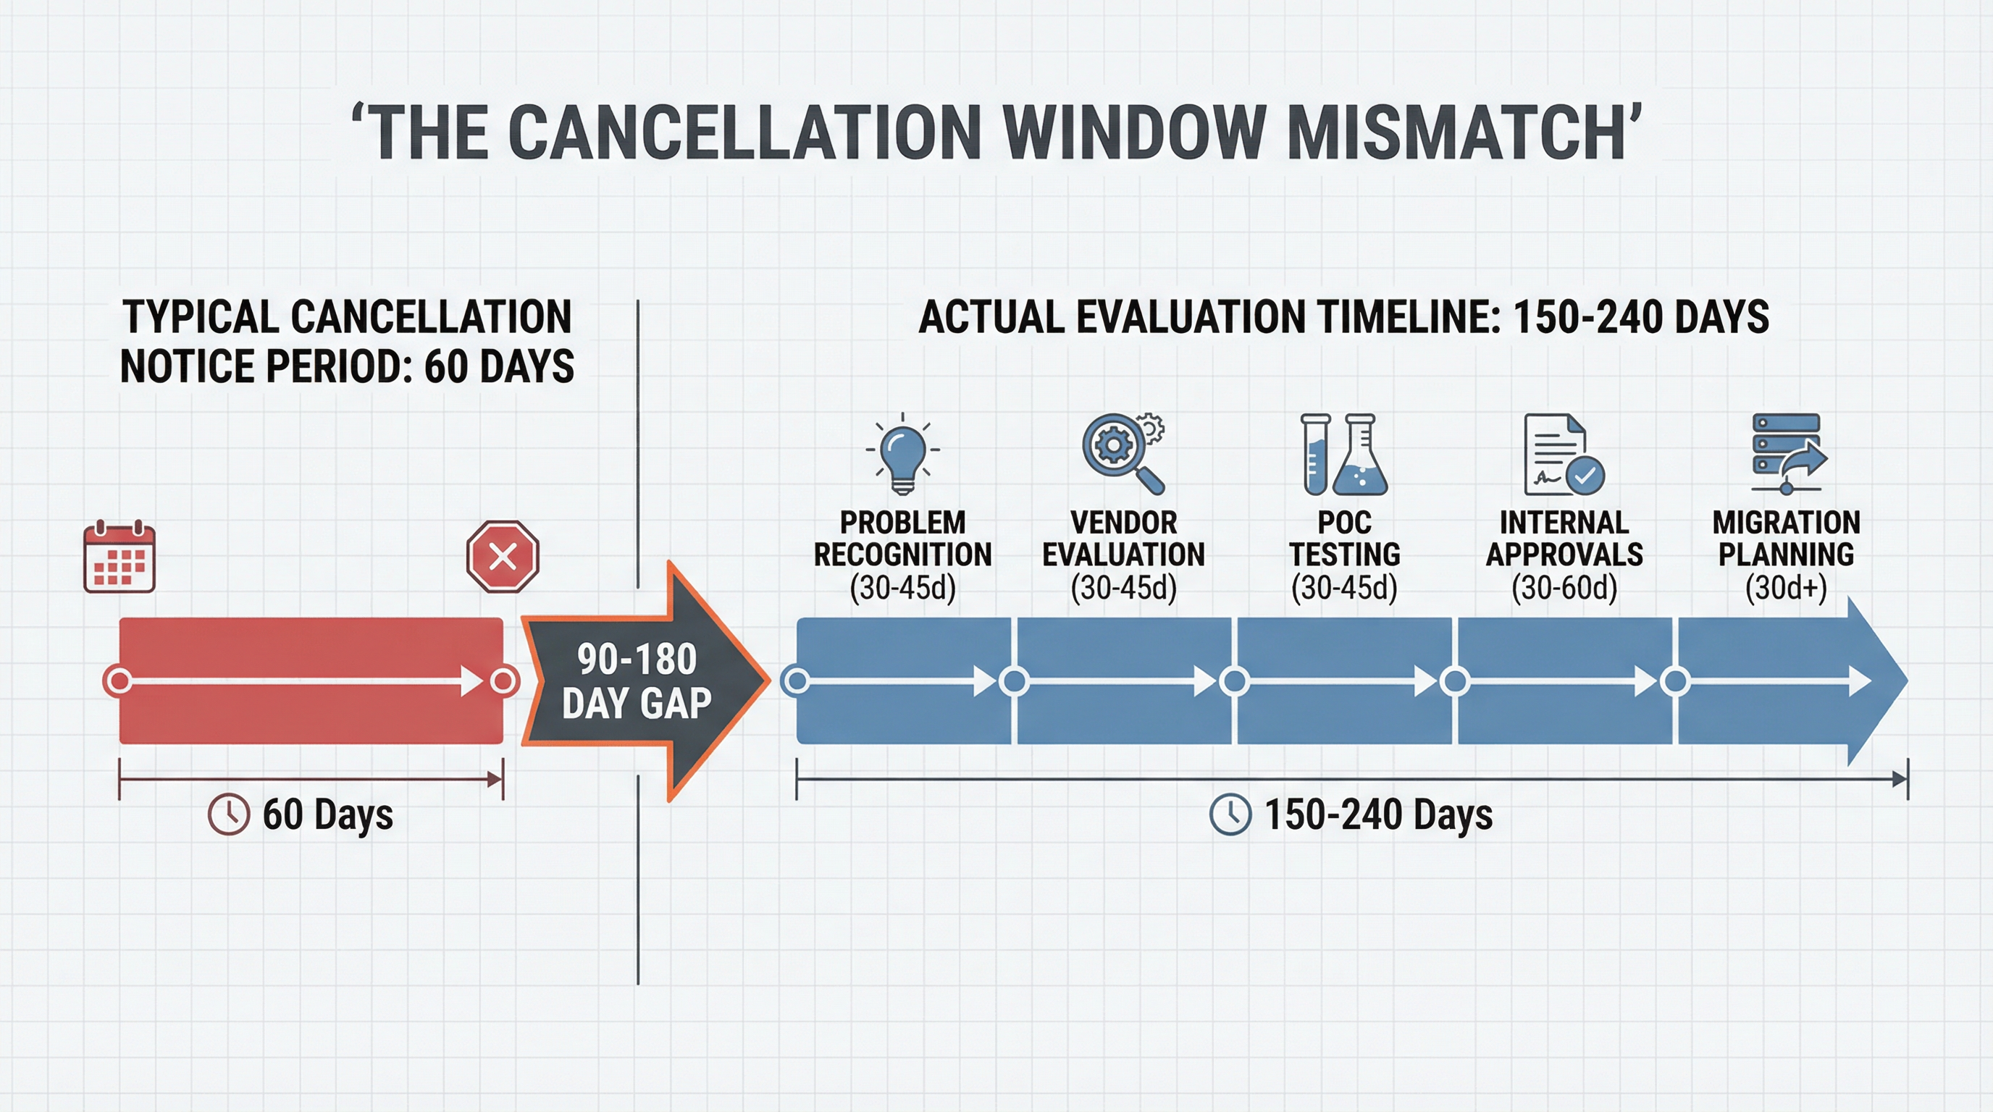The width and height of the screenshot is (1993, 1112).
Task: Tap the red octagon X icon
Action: pyautogui.click(x=503, y=557)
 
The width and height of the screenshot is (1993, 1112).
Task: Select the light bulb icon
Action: pyautogui.click(x=903, y=455)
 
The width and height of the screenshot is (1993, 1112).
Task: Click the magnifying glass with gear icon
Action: pyautogui.click(x=1123, y=453)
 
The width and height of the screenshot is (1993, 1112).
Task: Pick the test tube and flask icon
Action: pyautogui.click(x=1344, y=455)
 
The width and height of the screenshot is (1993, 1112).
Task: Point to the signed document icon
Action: pyautogui.click(x=1564, y=455)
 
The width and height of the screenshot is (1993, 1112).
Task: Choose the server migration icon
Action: pyautogui.click(x=1788, y=455)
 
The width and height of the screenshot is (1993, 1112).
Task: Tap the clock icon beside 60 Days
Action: pyautogui.click(x=229, y=814)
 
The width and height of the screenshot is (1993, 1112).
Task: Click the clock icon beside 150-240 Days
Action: pyautogui.click(x=1230, y=814)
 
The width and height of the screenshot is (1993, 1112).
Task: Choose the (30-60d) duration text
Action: pyautogui.click(x=1564, y=589)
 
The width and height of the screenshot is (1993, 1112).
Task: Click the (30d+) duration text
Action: pyautogui.click(x=1786, y=589)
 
